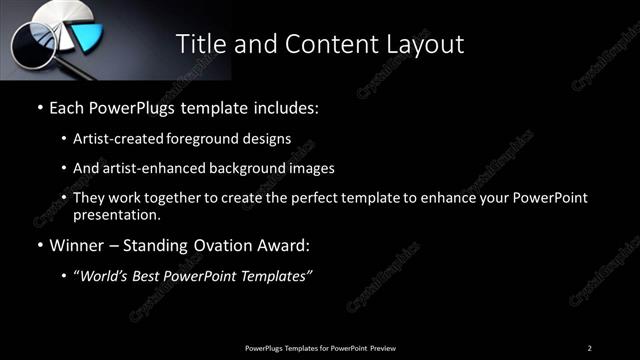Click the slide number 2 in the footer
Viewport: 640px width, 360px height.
tap(589, 347)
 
